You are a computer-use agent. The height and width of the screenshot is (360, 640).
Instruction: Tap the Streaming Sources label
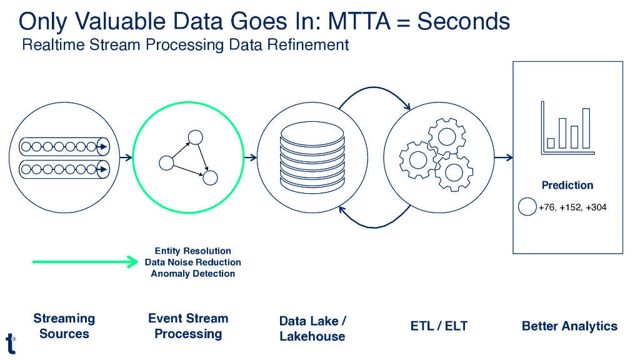64,326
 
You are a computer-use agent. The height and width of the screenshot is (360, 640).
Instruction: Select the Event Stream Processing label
188,326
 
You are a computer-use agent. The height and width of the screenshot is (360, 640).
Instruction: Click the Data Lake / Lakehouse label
312,329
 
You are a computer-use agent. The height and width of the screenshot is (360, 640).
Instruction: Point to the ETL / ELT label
439,326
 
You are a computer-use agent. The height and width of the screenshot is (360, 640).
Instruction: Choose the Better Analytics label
569,326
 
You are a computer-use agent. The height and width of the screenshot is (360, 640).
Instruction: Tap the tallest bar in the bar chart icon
586,128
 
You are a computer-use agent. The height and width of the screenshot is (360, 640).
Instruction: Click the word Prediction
567,185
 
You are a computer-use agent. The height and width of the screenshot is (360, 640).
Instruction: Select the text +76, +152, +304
572,207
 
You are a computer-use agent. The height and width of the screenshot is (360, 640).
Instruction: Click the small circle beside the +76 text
527,207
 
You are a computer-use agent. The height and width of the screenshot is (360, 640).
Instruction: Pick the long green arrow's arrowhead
132,262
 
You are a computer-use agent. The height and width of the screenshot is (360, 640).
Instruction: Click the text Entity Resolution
192,251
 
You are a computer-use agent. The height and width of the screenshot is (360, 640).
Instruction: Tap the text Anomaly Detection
192,274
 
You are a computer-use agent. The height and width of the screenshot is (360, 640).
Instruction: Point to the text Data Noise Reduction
192,262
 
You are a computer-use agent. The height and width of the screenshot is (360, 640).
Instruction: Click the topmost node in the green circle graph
196,137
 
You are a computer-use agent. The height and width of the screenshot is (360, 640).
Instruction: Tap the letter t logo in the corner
11,343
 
